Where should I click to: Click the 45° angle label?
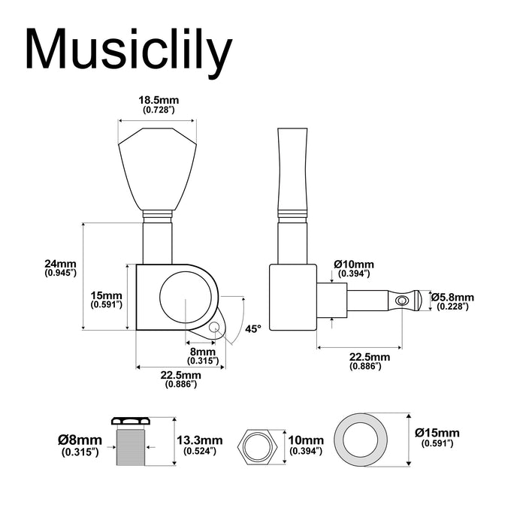point(252,329)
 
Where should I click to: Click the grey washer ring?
point(361,440)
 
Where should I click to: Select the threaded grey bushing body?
point(131,448)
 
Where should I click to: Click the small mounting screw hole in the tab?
point(214,326)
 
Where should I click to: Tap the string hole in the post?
point(401,301)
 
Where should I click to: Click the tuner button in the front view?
point(157,169)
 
